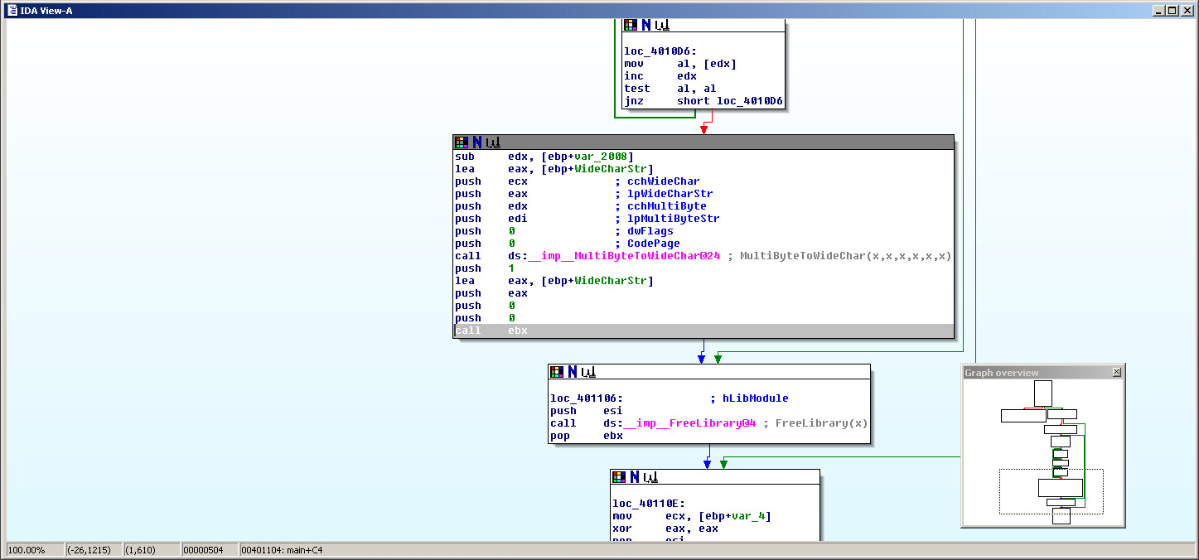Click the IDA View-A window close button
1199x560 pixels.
coord(1187,11)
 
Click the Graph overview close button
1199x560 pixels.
coord(1116,373)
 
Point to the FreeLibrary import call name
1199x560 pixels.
coord(690,423)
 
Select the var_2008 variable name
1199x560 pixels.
coord(607,157)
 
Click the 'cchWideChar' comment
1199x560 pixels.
coord(663,181)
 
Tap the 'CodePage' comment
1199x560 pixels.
coord(654,244)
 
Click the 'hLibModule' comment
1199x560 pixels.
coord(755,398)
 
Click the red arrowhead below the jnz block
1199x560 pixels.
coord(703,128)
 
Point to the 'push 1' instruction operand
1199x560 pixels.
coord(511,268)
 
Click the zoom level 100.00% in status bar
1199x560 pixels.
coord(26,550)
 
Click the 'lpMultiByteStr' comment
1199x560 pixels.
coord(673,219)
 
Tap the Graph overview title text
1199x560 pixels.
coord(1001,373)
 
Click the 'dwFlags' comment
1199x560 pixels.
coord(650,231)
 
